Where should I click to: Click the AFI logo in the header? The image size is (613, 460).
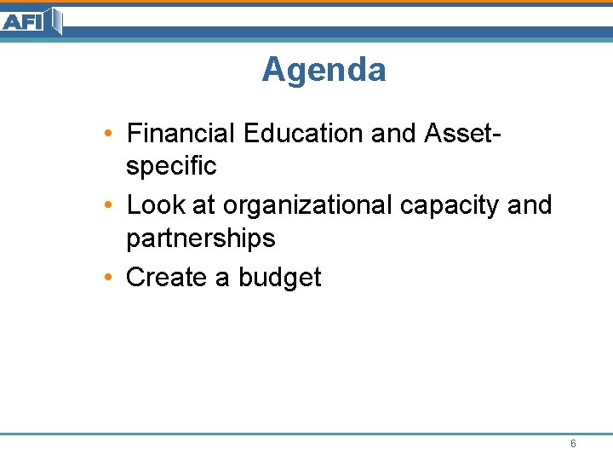coord(32,20)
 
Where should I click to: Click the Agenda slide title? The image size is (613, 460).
coord(324,70)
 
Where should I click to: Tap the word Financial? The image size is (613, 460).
coord(180,134)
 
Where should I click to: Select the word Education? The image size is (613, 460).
coord(302,134)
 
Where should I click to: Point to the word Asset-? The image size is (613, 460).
coord(461,134)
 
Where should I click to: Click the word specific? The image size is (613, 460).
coord(171,165)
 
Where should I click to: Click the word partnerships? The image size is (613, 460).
coord(201,238)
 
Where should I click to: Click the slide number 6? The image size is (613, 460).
coord(573,444)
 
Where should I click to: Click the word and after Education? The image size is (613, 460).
coord(392,134)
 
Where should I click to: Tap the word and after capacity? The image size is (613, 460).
coord(530,205)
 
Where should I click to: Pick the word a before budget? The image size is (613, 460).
coord(222,277)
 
